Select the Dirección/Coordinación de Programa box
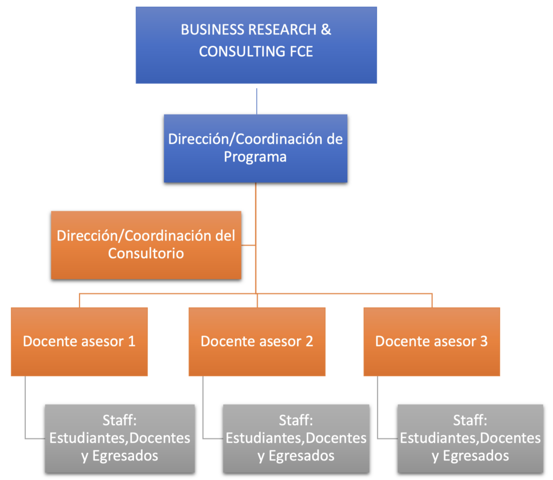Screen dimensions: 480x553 click(x=255, y=148)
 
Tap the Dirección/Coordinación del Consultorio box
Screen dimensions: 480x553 click(x=146, y=245)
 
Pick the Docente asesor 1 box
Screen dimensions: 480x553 click(x=79, y=342)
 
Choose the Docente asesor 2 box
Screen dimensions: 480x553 click(x=257, y=342)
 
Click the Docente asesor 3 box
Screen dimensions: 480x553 click(x=431, y=342)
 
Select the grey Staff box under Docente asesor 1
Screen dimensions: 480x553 click(x=119, y=438)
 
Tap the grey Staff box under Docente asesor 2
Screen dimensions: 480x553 click(x=296, y=438)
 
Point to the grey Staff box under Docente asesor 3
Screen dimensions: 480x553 click(x=470, y=438)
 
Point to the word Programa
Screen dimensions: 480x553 click(x=255, y=157)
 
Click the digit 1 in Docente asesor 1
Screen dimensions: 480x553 click(x=131, y=342)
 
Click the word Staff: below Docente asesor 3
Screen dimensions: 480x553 click(x=470, y=421)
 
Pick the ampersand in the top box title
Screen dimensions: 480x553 click(x=326, y=30)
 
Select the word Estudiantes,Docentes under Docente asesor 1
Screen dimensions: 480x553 click(x=119, y=438)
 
